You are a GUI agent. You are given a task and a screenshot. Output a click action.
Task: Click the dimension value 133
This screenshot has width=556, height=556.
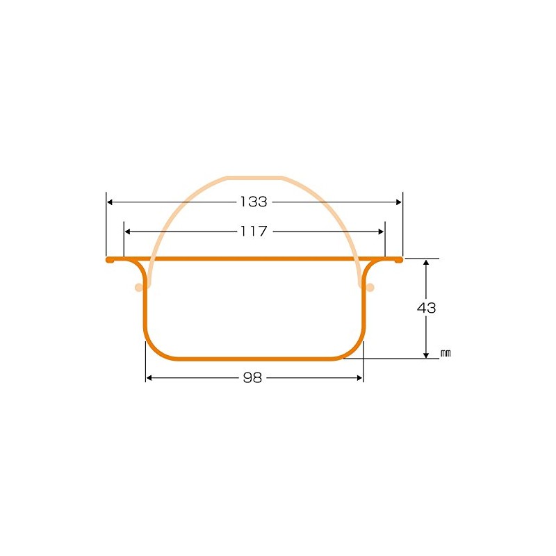(254, 202)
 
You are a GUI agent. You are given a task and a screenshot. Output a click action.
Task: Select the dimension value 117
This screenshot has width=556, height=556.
(254, 231)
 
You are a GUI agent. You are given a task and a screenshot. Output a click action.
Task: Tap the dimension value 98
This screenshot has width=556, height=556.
(254, 378)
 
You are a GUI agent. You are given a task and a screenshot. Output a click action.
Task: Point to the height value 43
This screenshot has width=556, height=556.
(427, 308)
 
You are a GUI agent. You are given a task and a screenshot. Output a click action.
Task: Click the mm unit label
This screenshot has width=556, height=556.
(445, 354)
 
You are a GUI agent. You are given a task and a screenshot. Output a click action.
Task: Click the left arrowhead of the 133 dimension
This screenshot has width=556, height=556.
(110, 202)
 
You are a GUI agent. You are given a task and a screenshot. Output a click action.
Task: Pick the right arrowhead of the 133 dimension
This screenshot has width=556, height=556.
(398, 202)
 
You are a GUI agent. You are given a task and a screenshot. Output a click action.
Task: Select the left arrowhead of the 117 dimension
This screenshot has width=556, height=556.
(127, 231)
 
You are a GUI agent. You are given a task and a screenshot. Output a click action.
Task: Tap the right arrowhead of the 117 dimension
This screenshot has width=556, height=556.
(381, 231)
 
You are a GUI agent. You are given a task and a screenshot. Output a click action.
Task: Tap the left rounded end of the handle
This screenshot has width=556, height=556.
(138, 287)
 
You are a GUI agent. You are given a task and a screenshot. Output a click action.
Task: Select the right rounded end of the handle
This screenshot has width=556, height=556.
(370, 287)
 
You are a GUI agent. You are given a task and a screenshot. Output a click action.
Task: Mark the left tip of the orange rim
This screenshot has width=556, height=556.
(108, 259)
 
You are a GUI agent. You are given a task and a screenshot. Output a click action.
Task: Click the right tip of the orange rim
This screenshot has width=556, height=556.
(400, 259)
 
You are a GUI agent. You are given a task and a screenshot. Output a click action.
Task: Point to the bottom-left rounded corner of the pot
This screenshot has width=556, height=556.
(154, 350)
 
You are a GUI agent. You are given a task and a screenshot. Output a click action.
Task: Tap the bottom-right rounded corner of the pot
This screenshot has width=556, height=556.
(355, 350)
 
